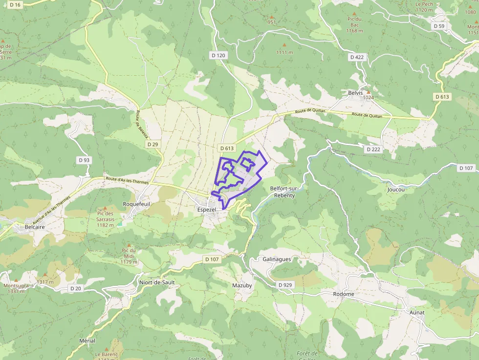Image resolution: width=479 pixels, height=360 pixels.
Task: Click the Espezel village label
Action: [206, 210]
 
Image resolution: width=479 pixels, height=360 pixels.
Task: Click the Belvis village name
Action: [355, 92]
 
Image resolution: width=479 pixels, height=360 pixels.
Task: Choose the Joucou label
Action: [396, 189]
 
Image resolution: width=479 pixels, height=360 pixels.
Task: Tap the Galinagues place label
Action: [277, 259]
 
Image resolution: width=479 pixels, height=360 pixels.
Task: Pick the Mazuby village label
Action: [242, 285]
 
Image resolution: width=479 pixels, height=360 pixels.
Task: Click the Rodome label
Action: [344, 294]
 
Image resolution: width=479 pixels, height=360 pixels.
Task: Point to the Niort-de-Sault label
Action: [156, 282]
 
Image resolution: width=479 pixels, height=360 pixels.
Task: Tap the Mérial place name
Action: [87, 340]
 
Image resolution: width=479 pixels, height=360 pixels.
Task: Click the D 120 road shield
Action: [218, 55]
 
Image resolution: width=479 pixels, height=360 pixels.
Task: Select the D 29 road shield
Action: [152, 145]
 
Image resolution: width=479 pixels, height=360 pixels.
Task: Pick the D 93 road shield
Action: [84, 160]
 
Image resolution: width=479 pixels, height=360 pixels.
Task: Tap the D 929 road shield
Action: [284, 284]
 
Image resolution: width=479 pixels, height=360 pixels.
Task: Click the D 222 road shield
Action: [373, 149]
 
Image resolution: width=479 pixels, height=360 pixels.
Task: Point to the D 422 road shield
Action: [357, 57]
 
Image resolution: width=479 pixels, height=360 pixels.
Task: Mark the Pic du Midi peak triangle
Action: [129, 245]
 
